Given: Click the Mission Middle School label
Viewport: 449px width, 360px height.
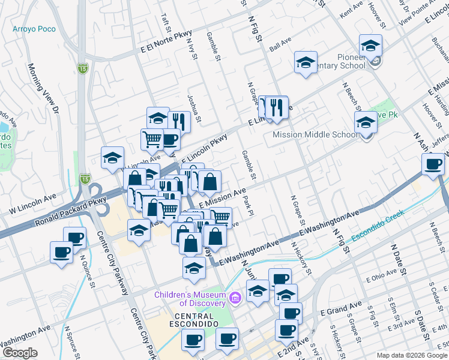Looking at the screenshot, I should pos(315,135).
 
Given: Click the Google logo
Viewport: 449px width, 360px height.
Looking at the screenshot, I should pos(20,353).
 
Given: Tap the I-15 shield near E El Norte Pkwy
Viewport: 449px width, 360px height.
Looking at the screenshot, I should pos(83,68).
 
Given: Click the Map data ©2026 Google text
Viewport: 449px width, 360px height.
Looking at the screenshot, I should pos(411,355).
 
